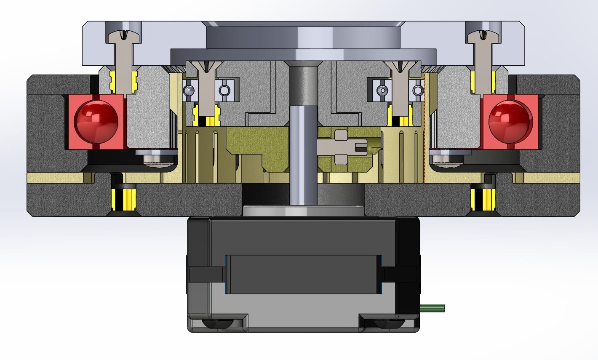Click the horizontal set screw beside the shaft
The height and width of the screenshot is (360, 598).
pyautogui.click(x=341, y=147)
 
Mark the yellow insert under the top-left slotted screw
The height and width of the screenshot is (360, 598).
pyautogui.click(x=123, y=82)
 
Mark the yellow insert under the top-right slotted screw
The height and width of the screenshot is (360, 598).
pyautogui.click(x=483, y=82)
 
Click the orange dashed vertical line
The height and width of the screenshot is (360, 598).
pyautogui.click(x=425, y=126)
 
